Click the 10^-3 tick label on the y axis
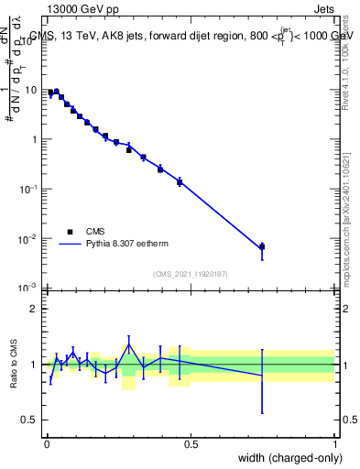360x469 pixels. click(x=28, y=289)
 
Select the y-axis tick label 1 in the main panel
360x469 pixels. click(x=34, y=140)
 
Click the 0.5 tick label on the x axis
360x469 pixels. click(x=191, y=444)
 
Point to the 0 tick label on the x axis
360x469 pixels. click(x=46, y=444)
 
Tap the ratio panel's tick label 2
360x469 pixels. click(x=34, y=309)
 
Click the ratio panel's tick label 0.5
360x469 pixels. click(x=30, y=420)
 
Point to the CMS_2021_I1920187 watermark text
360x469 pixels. click(x=190, y=274)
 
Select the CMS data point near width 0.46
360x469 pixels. click(x=180, y=181)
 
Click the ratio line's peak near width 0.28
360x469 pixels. click(x=129, y=344)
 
